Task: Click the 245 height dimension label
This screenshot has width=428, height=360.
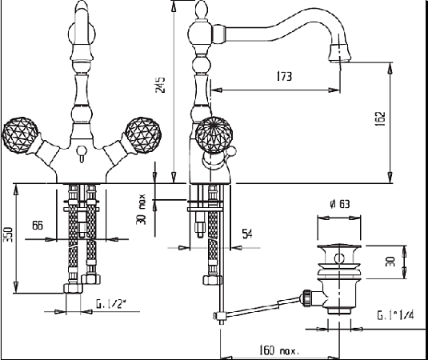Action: [x=160, y=86]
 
